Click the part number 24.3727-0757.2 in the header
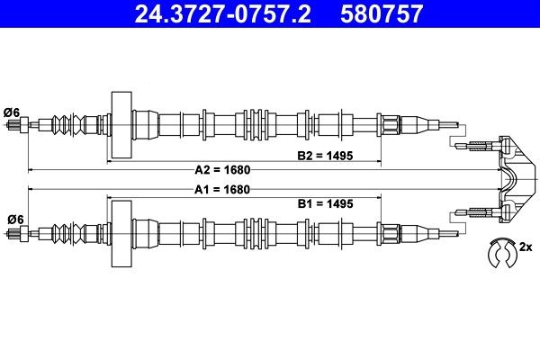222,13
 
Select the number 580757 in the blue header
382,13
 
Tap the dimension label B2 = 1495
325,156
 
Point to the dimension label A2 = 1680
222,170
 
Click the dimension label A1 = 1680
222,190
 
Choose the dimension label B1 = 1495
326,204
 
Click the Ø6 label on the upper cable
12,112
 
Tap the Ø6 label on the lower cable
15,219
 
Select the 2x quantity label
526,247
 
